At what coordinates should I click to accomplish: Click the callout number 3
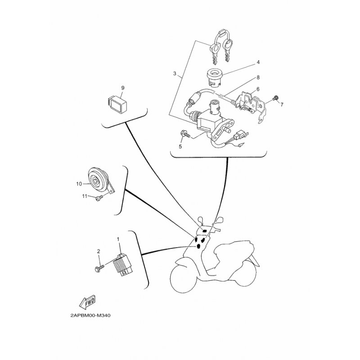pos(175,73)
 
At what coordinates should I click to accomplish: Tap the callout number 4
pos(258,62)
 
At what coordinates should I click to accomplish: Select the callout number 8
pos(258,77)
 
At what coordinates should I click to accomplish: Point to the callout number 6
pos(258,89)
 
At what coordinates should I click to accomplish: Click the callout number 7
pos(282,105)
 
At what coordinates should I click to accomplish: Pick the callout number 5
pos(180,147)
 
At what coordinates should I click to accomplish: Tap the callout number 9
pos(122,88)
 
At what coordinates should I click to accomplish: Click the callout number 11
pos(85,196)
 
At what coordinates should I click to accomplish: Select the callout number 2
pos(99,252)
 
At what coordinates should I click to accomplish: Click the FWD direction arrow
pos(87,302)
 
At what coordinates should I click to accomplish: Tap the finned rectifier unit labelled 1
pos(123,264)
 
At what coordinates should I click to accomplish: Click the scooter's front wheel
pos(183,279)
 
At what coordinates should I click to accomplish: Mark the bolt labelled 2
pos(99,268)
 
